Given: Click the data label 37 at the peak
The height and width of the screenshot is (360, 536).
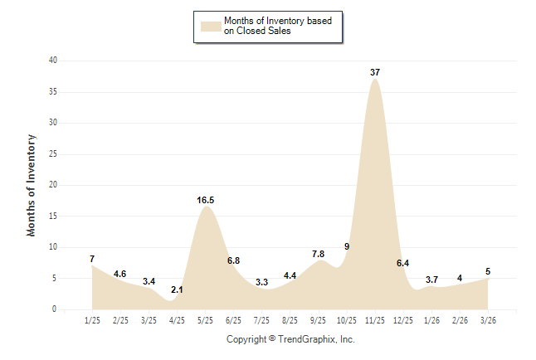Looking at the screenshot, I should click(x=375, y=72).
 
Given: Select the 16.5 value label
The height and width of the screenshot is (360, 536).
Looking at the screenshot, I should click(x=206, y=200).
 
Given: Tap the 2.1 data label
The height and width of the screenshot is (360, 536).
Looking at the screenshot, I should click(x=177, y=289).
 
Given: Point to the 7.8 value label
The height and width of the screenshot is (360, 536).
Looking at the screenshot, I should click(x=319, y=254).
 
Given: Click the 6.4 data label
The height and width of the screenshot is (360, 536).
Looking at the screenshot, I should click(x=403, y=263).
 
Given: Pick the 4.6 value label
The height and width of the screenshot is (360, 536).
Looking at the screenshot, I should click(x=120, y=274).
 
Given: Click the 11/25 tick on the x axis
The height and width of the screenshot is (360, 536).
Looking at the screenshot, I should click(x=375, y=320).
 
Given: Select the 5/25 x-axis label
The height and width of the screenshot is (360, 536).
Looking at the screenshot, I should click(x=206, y=320).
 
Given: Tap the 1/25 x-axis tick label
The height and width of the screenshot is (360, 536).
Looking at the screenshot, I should click(x=92, y=320).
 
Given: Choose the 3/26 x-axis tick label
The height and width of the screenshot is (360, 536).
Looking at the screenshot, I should click(x=488, y=320).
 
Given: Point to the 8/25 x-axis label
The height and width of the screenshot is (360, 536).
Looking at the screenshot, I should click(x=290, y=320).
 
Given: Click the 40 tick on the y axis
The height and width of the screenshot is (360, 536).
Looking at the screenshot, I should click(x=53, y=61).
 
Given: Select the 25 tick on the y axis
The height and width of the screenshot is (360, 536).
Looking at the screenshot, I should click(x=53, y=153).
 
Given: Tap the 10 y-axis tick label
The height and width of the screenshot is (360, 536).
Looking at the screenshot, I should click(x=53, y=247).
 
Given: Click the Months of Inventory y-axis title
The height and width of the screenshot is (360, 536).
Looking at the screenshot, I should click(x=32, y=185).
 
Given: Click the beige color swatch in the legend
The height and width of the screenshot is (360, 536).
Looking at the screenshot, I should click(x=210, y=26).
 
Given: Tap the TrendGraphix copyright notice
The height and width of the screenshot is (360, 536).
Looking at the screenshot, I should click(x=290, y=339).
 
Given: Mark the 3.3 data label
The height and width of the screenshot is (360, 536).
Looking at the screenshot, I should click(x=262, y=282).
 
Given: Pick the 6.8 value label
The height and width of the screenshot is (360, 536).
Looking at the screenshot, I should click(x=233, y=260).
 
